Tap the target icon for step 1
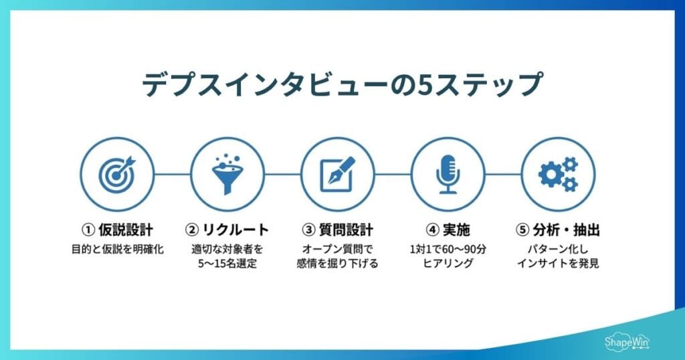click(117, 174)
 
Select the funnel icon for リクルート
click(227, 174)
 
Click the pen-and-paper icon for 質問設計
click(337, 174)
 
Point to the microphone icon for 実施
click(447, 174)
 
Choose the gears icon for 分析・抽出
click(557, 174)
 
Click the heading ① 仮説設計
click(117, 230)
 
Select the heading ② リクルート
click(227, 230)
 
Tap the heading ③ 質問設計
click(337, 230)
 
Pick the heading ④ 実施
click(447, 230)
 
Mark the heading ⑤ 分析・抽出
click(557, 230)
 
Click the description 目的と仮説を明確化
click(117, 250)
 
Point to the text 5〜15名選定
click(227, 264)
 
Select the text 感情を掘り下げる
click(337, 264)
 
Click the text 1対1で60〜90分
click(447, 250)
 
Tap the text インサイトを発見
click(557, 264)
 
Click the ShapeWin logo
click(627, 341)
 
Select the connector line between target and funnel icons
click(172, 174)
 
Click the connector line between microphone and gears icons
click(502, 174)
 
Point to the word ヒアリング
click(447, 264)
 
